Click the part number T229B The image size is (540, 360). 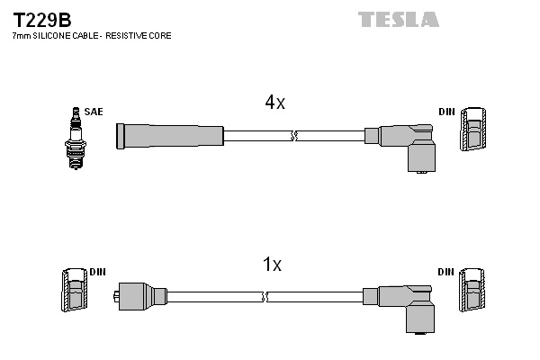click(x=42, y=20)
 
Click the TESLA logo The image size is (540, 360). click(x=399, y=19)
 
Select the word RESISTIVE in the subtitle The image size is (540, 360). click(x=122, y=35)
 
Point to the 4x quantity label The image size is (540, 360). click(x=274, y=102)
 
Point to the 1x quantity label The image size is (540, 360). click(x=272, y=265)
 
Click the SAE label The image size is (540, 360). click(x=94, y=112)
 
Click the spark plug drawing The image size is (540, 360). click(x=76, y=138)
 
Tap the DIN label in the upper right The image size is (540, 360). click(x=446, y=112)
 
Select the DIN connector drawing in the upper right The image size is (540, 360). click(x=473, y=130)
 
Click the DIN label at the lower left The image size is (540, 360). click(x=97, y=272)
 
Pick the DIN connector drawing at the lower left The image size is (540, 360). click(x=75, y=290)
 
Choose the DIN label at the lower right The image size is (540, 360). click(x=446, y=272)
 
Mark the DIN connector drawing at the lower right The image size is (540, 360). click(x=472, y=290)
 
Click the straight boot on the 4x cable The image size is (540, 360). click(x=170, y=136)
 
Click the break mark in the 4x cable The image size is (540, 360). click(x=293, y=136)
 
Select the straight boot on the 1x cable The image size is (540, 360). click(x=140, y=296)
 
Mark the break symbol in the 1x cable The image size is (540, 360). click(x=265, y=297)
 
